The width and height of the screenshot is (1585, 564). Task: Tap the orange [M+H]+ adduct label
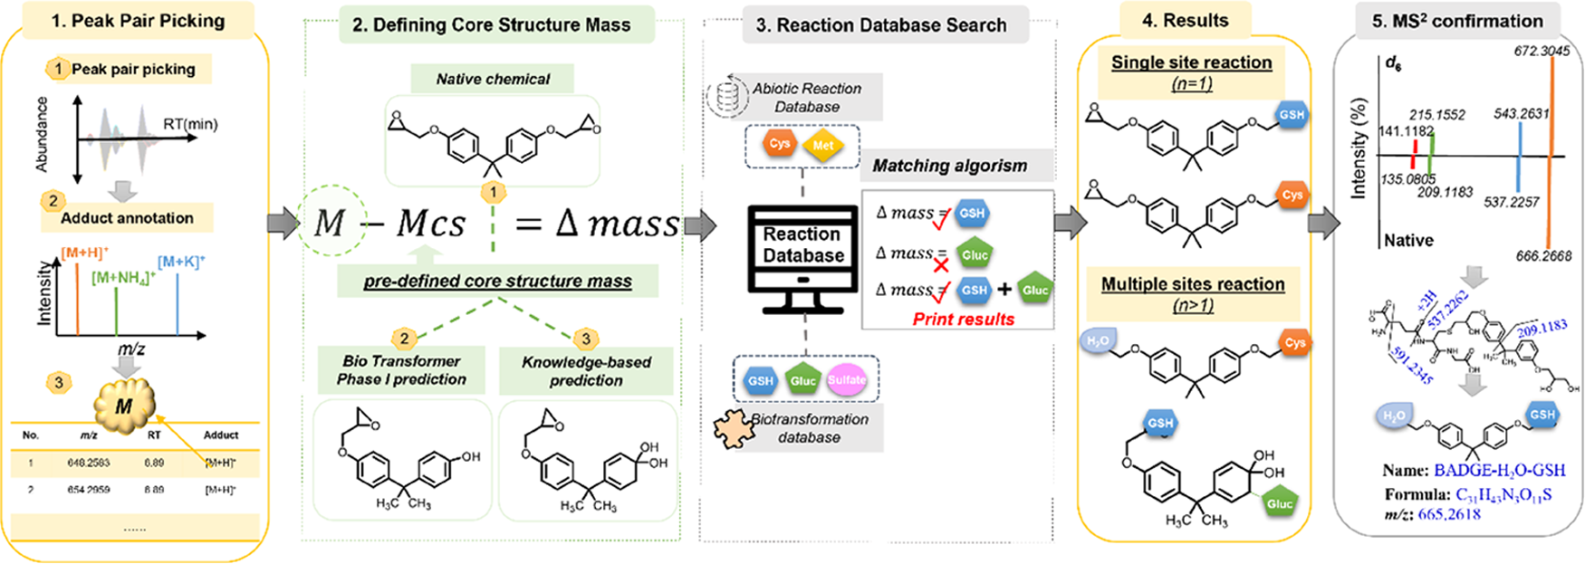84,253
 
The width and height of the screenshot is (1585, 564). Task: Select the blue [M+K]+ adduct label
181,262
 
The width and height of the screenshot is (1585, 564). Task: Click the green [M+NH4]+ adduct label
123,278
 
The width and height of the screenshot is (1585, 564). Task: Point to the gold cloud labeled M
125,406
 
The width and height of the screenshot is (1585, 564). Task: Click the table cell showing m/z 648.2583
88,463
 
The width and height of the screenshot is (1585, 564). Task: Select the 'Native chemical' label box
493,79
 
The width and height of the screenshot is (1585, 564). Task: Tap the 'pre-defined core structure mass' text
497,282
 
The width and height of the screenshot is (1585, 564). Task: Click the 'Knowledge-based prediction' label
586,371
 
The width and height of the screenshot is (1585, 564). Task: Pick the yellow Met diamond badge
823,145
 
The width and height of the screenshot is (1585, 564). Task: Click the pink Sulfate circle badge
847,380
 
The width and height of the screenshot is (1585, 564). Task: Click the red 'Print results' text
963,319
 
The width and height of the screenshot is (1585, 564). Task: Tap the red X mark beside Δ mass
941,265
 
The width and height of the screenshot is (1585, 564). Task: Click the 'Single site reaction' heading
1191,62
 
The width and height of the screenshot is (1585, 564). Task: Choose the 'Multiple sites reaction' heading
1193,284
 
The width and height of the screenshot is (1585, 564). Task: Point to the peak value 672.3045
1542,52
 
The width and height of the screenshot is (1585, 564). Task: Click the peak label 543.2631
1521,114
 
